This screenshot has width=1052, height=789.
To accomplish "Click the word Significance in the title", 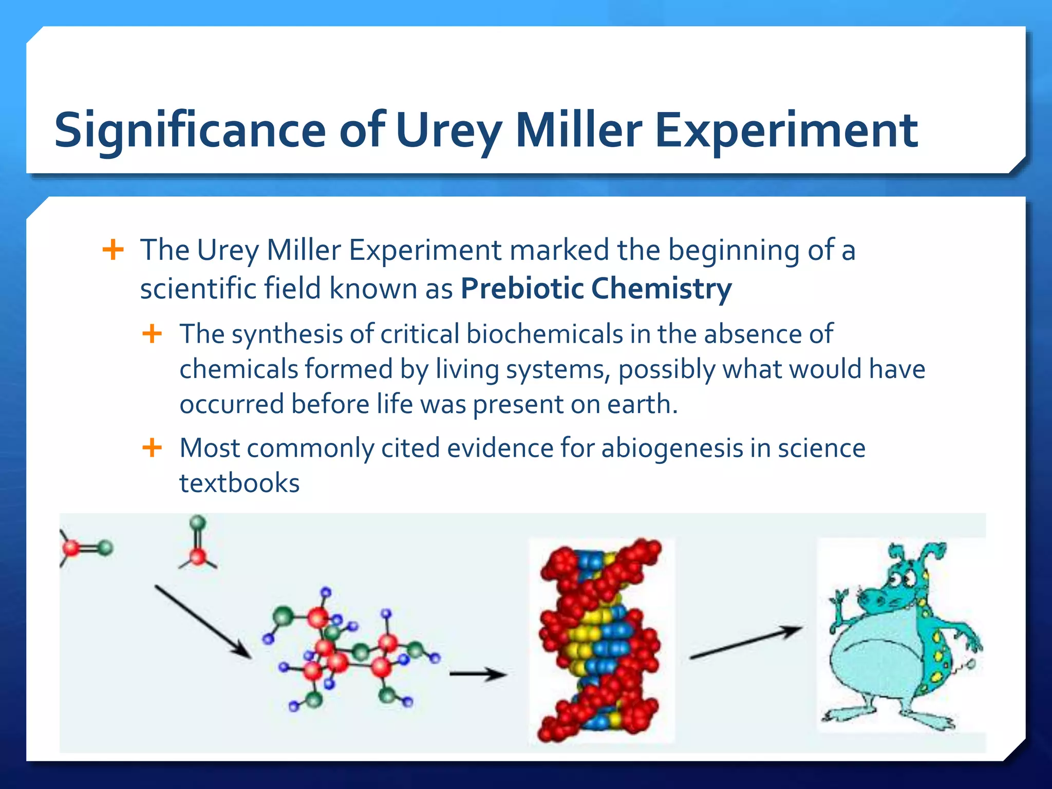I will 190,131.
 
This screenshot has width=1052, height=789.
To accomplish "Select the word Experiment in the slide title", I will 786,131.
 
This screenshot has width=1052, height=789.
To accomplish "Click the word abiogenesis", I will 672,448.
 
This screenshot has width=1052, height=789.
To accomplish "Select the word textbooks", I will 239,483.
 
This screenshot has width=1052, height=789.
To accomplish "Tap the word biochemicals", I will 544,334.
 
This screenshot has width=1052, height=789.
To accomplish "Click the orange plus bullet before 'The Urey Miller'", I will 113,250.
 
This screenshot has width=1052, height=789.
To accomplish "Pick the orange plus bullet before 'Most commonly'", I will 152,447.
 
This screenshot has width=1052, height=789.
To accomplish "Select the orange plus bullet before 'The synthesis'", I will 152,334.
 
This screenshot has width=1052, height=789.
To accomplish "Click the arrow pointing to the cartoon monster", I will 745,642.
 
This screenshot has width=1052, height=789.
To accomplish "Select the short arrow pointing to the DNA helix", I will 478,673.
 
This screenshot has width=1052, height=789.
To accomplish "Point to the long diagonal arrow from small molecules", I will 203,622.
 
